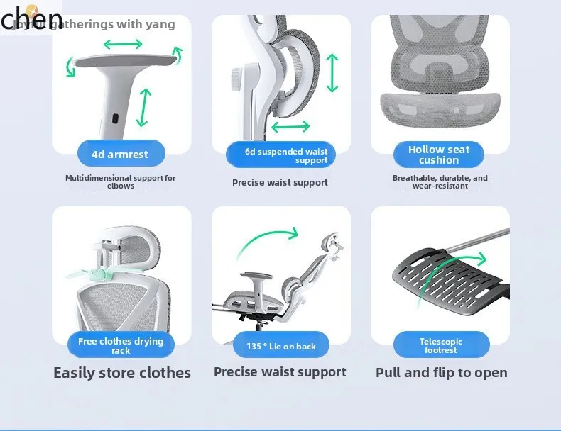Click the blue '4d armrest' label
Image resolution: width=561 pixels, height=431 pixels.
[x=121, y=154]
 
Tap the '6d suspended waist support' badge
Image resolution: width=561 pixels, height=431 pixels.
[x=280, y=155]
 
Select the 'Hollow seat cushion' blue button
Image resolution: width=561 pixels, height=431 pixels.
[x=439, y=155]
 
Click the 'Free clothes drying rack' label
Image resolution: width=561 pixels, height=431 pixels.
[x=121, y=345]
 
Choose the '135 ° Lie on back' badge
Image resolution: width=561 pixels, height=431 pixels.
[x=280, y=346]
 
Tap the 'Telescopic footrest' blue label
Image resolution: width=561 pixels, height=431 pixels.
[x=441, y=345]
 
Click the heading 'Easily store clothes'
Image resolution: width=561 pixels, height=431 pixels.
[x=122, y=373]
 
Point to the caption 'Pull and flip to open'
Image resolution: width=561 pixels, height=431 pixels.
[x=441, y=373]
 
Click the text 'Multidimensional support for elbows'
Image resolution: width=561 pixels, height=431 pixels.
[x=121, y=182]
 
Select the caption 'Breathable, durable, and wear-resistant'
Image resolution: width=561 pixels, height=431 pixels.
[x=440, y=182]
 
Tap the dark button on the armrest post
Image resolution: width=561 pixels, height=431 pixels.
[x=116, y=118]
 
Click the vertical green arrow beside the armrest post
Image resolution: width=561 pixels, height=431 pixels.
[x=145, y=107]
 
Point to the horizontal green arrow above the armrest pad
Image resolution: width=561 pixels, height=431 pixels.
[x=123, y=45]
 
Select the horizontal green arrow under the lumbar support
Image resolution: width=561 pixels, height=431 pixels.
[x=290, y=127]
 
